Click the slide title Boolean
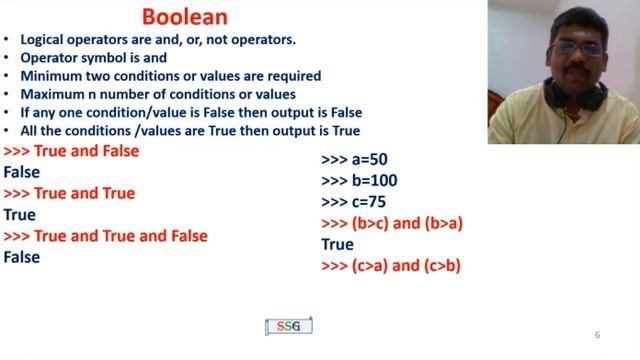185,17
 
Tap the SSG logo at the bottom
289,327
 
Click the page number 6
597,335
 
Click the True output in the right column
337,244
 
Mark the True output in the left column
20,215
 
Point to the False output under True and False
22,173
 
